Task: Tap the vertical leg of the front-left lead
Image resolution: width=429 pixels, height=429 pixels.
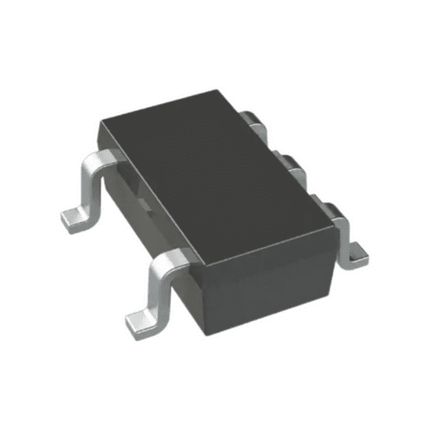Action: tap(159, 287)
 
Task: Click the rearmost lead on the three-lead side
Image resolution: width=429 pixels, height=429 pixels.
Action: tap(253, 123)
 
